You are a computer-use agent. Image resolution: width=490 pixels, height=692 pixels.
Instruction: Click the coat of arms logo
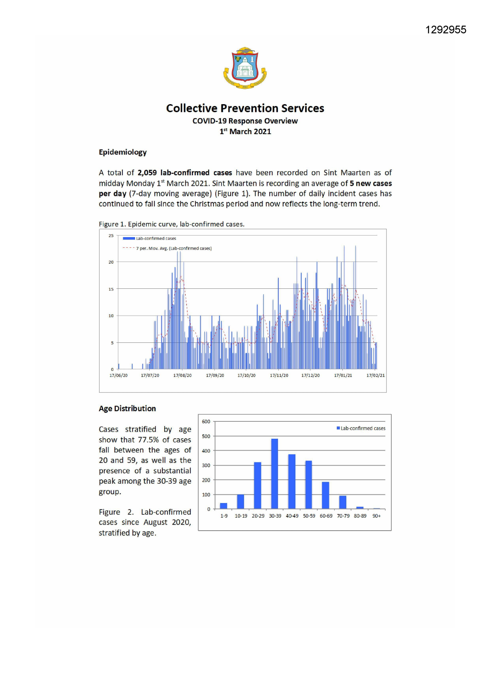pyautogui.click(x=245, y=68)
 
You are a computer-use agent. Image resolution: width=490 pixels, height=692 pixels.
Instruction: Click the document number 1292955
pyautogui.click(x=445, y=30)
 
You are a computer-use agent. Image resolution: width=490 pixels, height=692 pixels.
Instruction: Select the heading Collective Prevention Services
pyautogui.click(x=245, y=108)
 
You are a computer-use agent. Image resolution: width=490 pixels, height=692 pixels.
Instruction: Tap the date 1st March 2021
pyautogui.click(x=245, y=131)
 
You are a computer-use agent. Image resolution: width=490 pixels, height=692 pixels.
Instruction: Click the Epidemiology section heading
pyautogui.click(x=122, y=152)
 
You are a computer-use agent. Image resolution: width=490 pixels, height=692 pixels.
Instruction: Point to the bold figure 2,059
pyautogui.click(x=147, y=173)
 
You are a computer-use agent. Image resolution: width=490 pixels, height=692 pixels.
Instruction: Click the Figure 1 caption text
pyautogui.click(x=171, y=224)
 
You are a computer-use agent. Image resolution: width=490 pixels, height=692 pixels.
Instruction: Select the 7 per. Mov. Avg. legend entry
pyautogui.click(x=174, y=248)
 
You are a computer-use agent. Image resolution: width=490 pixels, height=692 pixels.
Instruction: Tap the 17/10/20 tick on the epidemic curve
pyautogui.click(x=246, y=375)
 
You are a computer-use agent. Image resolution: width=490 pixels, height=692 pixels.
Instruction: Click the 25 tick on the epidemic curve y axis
pyautogui.click(x=111, y=236)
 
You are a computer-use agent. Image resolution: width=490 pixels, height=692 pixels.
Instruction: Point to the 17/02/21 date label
pyautogui.click(x=375, y=375)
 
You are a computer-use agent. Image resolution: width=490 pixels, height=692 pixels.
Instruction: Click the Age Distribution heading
pyautogui.click(x=127, y=409)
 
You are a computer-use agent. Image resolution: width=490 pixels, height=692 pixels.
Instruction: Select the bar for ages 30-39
pyautogui.click(x=275, y=473)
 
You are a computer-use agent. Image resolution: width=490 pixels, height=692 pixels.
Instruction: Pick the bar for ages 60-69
pyautogui.click(x=326, y=495)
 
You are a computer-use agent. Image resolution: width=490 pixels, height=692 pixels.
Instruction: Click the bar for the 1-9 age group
pyautogui.click(x=223, y=506)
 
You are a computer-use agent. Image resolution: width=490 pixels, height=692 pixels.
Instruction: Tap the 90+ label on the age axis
pyautogui.click(x=377, y=516)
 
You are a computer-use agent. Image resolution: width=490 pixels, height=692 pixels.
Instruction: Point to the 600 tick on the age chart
pyautogui.click(x=206, y=421)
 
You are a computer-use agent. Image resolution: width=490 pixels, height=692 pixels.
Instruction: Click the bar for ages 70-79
pyautogui.click(x=343, y=502)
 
